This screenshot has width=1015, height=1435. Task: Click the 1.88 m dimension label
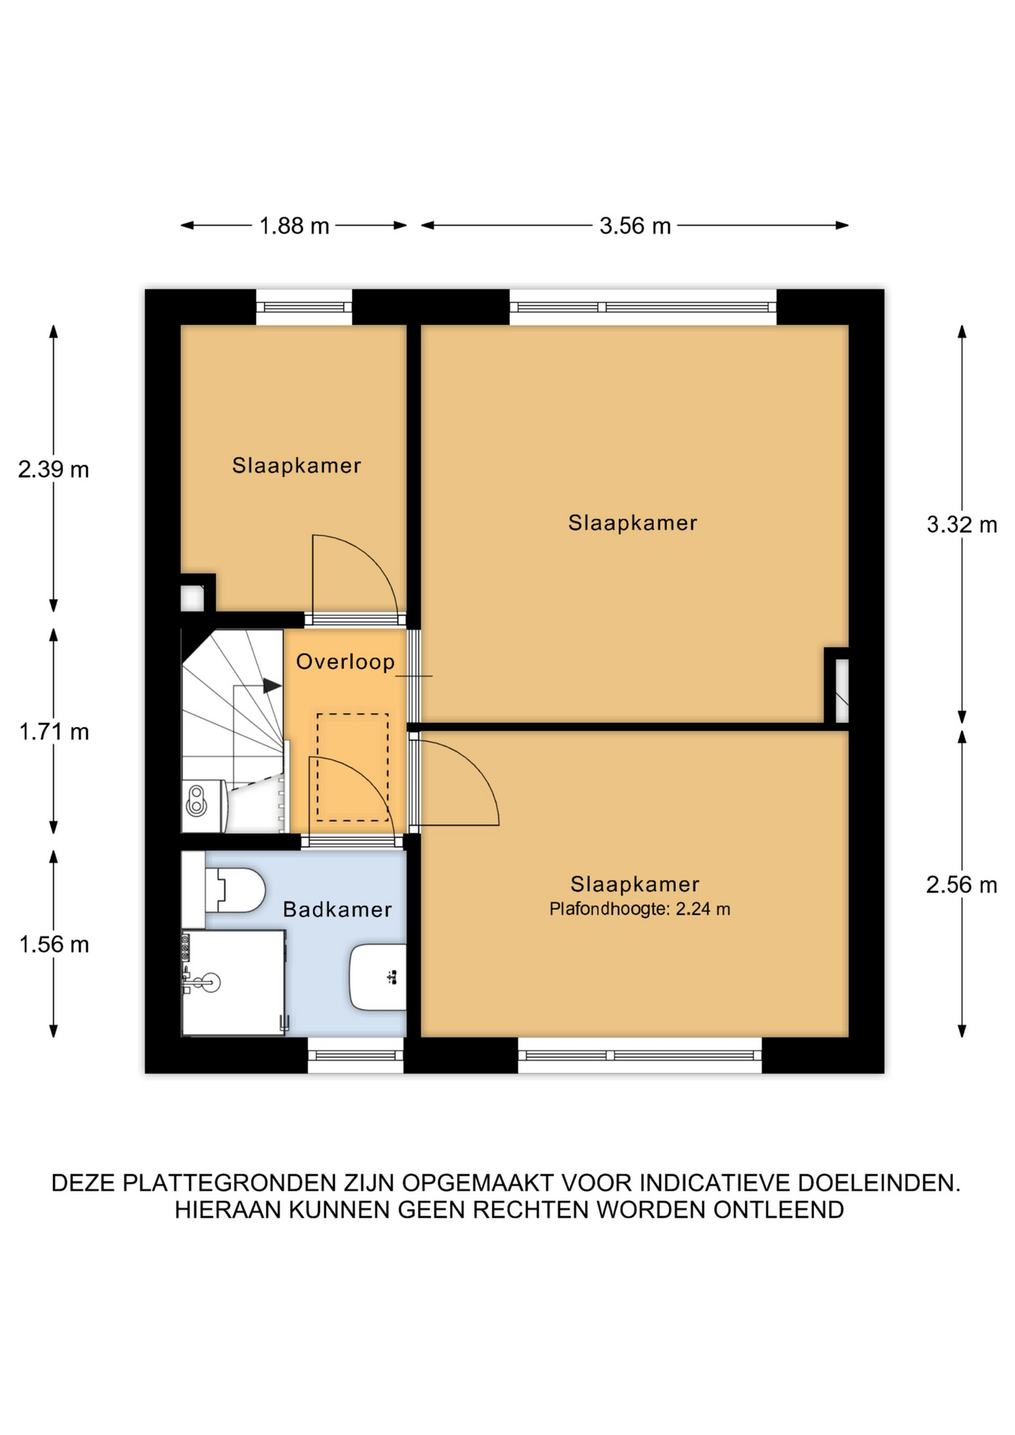point(294,226)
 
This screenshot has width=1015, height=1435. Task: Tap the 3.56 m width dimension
point(635,226)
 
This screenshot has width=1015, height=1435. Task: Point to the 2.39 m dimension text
point(54,469)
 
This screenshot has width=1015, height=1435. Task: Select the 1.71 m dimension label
point(54,732)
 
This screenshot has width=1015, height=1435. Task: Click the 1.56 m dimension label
point(54,945)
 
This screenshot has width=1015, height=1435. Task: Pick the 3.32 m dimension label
point(962,525)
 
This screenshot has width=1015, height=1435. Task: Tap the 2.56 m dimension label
point(962,885)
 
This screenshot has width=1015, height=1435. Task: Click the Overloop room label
point(345,662)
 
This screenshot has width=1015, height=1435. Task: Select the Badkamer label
point(337,910)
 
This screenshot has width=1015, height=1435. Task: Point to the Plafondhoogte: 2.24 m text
point(640,910)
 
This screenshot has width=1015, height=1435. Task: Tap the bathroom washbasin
point(378,978)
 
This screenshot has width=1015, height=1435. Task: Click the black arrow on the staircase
point(272,685)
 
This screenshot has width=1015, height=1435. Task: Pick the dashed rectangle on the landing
point(353,768)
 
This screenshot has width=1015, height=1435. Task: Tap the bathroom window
point(356,1055)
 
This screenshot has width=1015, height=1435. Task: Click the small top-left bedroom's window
point(304,307)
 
